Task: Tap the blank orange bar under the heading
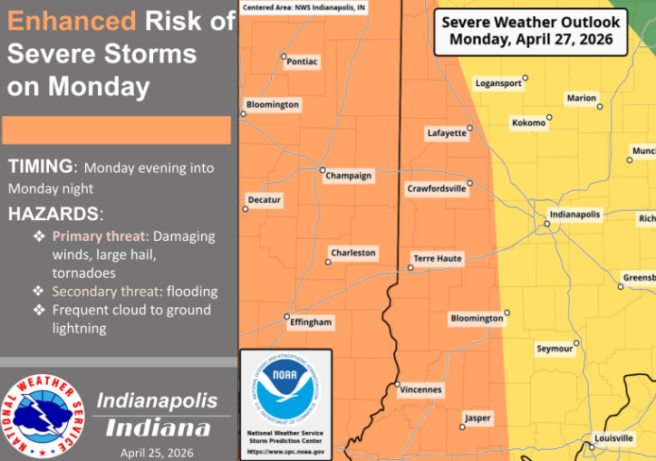[x=116, y=130]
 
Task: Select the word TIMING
[x=40, y=167]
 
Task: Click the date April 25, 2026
[x=157, y=452]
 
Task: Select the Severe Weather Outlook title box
[x=530, y=32]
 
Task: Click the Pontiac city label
[x=301, y=62]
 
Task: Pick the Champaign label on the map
[x=349, y=176]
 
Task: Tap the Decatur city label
[x=265, y=199]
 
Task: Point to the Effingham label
[x=311, y=322]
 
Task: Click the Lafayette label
[x=446, y=133]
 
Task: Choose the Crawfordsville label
[x=436, y=189]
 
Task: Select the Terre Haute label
[x=438, y=259]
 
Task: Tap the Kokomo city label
[x=528, y=122]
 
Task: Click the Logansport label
[x=498, y=83]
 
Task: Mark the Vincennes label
[x=420, y=390]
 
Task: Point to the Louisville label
[x=613, y=438]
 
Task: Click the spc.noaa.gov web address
[x=285, y=450]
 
